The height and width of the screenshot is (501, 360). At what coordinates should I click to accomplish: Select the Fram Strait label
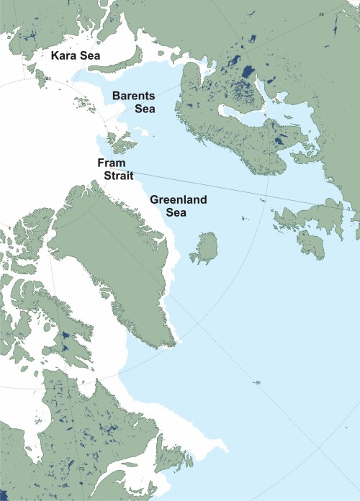pos(112,170)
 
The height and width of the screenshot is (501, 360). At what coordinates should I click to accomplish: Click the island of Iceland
pos(206,248)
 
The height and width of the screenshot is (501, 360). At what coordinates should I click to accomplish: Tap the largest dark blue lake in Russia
pos(246,73)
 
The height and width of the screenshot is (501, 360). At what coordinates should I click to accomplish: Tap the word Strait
pos(112,176)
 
